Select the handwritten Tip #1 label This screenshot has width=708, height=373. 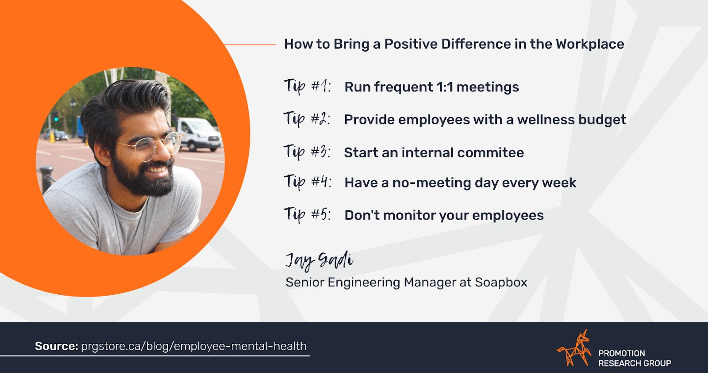307,86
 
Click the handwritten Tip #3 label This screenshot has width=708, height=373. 307,152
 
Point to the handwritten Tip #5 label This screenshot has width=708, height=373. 307,215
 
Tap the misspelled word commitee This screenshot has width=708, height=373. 491,153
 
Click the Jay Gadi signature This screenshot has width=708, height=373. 319,261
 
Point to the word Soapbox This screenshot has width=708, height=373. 501,282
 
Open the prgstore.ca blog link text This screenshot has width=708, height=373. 194,346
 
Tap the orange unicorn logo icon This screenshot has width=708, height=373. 573,348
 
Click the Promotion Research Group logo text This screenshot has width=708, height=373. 635,358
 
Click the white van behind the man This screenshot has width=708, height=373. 199,134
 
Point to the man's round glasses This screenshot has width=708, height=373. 151,147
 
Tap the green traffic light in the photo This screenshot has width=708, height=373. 56,119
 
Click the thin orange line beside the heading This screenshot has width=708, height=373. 250,45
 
